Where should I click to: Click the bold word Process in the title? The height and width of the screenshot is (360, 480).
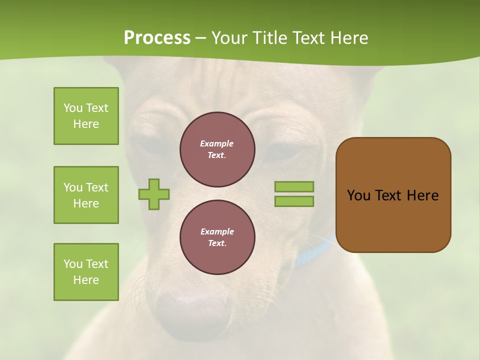(x=157, y=38)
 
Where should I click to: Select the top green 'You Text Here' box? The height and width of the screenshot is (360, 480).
(x=86, y=116)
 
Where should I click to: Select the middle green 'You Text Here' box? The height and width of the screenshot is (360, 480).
(x=86, y=195)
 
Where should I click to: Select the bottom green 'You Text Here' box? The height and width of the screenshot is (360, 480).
(x=86, y=271)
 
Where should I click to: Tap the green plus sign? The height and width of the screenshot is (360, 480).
(x=154, y=194)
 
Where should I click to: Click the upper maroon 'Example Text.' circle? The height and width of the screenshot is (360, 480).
(x=217, y=149)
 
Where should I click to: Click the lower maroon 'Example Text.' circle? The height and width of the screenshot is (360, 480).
(x=217, y=237)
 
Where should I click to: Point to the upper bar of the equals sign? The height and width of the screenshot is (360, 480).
(x=294, y=186)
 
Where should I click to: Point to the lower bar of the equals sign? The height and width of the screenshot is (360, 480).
(x=294, y=201)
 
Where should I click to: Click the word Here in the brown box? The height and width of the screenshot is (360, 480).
(x=422, y=195)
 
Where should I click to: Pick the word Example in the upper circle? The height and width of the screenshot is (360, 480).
(x=216, y=143)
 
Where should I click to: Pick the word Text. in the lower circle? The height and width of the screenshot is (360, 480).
(x=217, y=243)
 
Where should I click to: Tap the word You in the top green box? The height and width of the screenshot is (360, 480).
(x=73, y=108)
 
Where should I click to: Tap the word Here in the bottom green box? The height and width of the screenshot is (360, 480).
(x=86, y=280)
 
